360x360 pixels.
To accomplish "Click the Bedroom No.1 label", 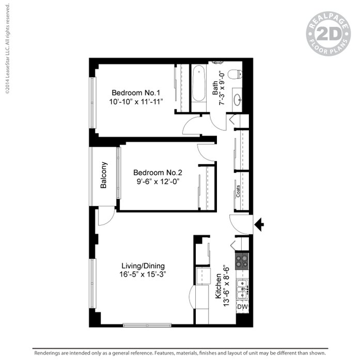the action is pyautogui.click(x=136, y=93).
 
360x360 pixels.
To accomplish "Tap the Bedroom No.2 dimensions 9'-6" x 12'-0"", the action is pyautogui.click(x=158, y=182).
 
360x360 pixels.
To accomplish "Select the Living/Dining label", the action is pyautogui.click(x=143, y=266).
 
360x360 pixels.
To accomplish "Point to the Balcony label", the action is pyautogui.click(x=103, y=175).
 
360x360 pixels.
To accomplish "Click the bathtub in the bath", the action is pyautogui.click(x=198, y=84).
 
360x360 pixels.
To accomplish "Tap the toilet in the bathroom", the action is pyautogui.click(x=235, y=74).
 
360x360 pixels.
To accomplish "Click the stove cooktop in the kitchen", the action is pyautogui.click(x=242, y=261).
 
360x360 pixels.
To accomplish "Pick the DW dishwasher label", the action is pyautogui.click(x=242, y=306).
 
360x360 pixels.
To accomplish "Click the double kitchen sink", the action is pyautogui.click(x=242, y=290).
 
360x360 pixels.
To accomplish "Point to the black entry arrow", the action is pyautogui.click(x=259, y=224).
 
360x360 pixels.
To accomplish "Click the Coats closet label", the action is pyautogui.click(x=238, y=191).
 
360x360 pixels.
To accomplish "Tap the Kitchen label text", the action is pyautogui.click(x=218, y=286).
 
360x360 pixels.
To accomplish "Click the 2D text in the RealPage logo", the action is pyautogui.click(x=328, y=34).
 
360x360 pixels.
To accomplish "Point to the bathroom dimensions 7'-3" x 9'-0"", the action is pyautogui.click(x=222, y=88).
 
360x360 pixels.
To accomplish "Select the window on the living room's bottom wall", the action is pyautogui.click(x=147, y=325).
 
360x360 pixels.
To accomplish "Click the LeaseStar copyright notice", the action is pyautogui.click(x=8, y=49).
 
